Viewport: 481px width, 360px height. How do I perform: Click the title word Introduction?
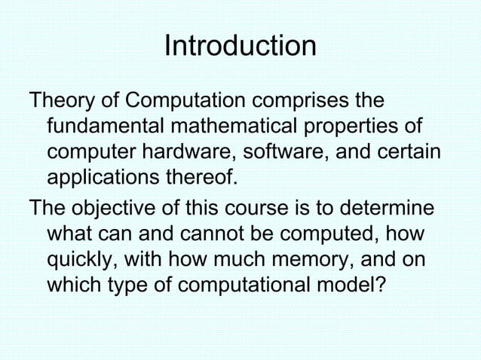240,47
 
